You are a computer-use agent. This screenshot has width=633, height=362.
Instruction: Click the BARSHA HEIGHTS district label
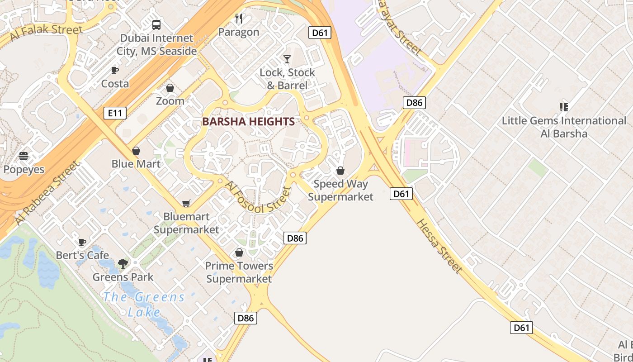coord(248,122)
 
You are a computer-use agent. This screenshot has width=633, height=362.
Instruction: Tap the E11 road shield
coord(115,113)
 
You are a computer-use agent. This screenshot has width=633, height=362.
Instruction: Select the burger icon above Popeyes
coord(24,156)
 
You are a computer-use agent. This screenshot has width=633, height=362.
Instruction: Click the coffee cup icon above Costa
coord(115,70)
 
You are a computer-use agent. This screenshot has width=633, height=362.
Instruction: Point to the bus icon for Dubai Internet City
coord(156,25)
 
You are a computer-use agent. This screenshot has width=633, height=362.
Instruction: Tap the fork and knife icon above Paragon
coord(239,19)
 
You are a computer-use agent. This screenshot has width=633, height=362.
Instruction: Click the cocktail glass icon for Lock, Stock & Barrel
coord(287,59)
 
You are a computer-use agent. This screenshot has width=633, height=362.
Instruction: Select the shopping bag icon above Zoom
coord(170,88)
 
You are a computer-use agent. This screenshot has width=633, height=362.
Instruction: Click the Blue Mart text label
coord(136,164)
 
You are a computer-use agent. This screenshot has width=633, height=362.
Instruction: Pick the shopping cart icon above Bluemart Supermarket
coord(186,204)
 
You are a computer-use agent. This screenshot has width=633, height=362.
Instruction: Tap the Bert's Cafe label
coord(82,255)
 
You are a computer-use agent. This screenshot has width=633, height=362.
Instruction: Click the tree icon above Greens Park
coord(123,263)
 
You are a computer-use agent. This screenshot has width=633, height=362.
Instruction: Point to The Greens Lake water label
coord(144,305)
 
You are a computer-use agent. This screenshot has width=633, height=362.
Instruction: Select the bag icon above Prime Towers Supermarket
coord(239,252)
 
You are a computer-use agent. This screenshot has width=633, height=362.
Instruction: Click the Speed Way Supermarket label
coord(341,190)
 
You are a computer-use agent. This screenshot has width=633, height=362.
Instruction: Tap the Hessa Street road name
coord(439,246)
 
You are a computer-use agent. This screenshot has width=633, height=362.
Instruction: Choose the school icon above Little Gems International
coord(563,107)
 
